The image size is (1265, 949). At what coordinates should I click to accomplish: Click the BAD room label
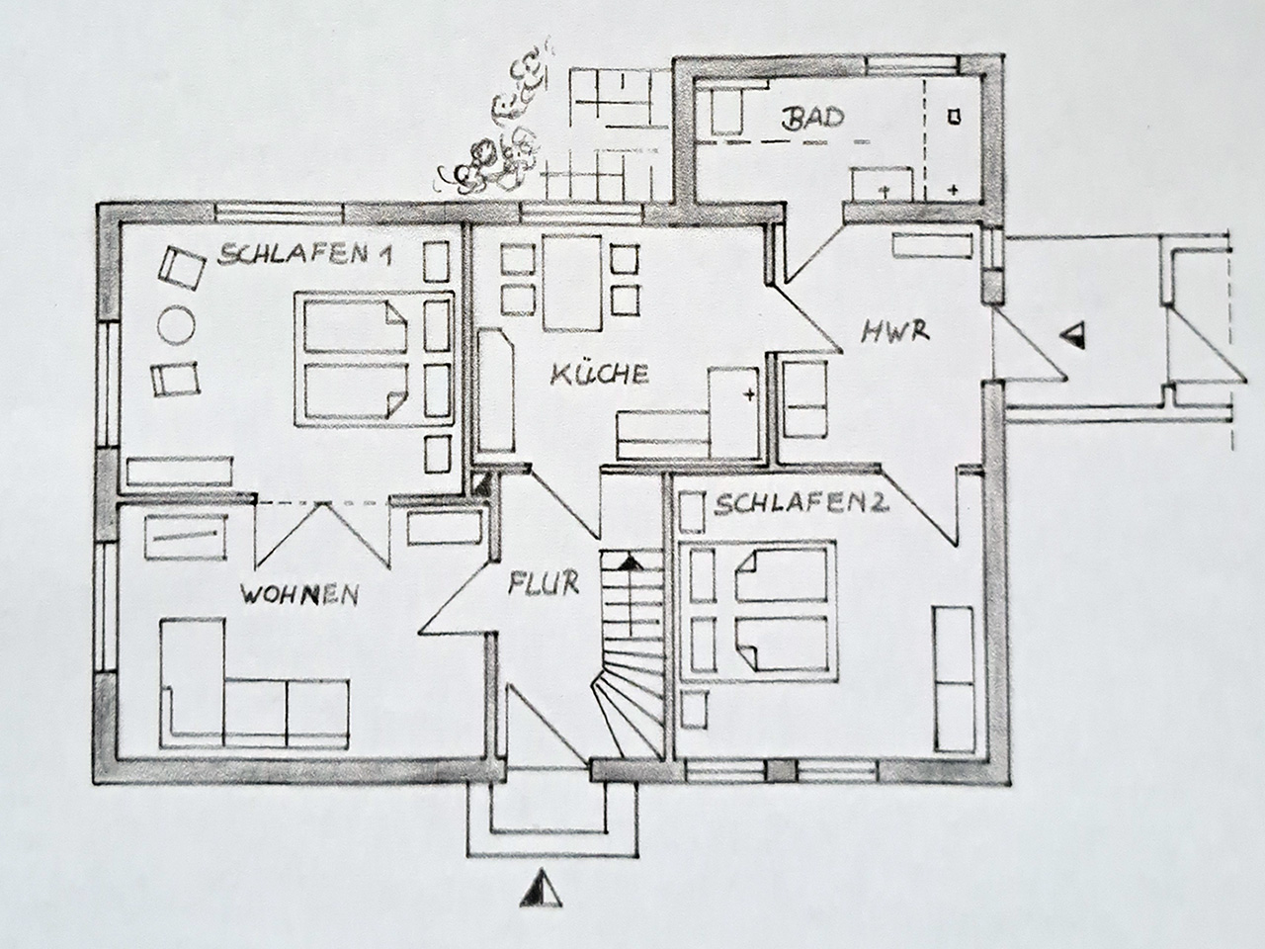[x=812, y=119]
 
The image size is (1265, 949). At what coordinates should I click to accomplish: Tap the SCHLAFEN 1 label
[x=304, y=254]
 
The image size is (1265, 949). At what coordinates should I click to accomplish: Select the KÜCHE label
[x=600, y=374]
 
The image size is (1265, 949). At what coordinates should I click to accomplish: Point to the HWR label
[x=895, y=332]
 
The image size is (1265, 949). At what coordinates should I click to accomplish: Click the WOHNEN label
[x=299, y=594]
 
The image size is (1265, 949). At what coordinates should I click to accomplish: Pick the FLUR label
[x=544, y=583]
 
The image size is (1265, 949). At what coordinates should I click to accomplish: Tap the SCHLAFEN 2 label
[x=801, y=505]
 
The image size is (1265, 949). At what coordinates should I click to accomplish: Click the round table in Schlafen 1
[x=176, y=325]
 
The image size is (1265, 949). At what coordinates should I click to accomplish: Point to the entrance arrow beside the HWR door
[x=1072, y=335]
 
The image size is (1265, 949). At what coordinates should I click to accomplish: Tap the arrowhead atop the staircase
[x=632, y=562]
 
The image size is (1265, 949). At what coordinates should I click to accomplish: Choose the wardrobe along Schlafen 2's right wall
[x=955, y=679]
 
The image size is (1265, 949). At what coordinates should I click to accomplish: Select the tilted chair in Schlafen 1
[x=182, y=268]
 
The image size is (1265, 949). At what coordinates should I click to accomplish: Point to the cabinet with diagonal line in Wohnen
[x=186, y=537]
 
